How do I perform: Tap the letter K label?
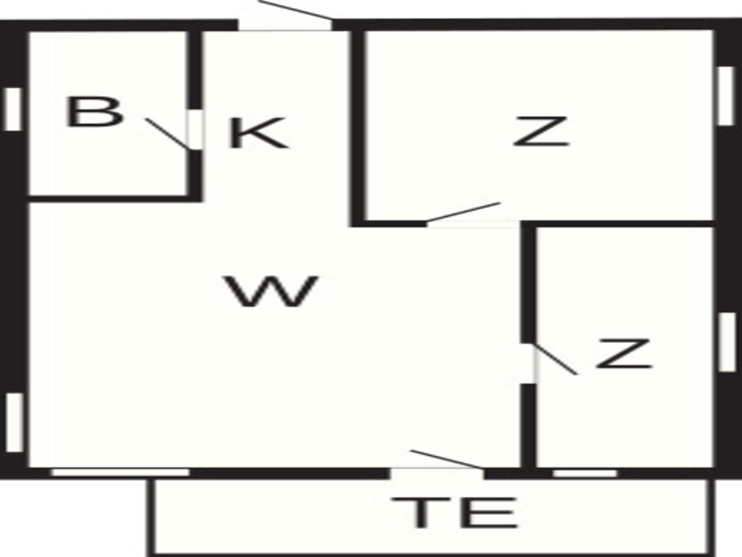click(x=258, y=133)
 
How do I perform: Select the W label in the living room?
click(x=272, y=291)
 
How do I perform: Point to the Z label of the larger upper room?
click(x=541, y=132)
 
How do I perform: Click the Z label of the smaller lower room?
click(x=624, y=353)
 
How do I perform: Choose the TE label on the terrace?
click(x=454, y=513)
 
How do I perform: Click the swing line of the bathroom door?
click(x=168, y=134)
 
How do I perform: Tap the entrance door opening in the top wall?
click(x=285, y=25)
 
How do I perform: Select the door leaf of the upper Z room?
click(x=463, y=212)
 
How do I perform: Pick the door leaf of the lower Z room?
click(x=555, y=359)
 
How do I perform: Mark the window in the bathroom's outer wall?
click(x=13, y=109)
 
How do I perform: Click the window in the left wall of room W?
click(x=15, y=422)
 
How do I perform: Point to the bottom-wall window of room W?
click(x=121, y=473)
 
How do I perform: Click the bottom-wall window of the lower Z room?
click(x=585, y=473)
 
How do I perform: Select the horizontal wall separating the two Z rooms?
click(x=617, y=224)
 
